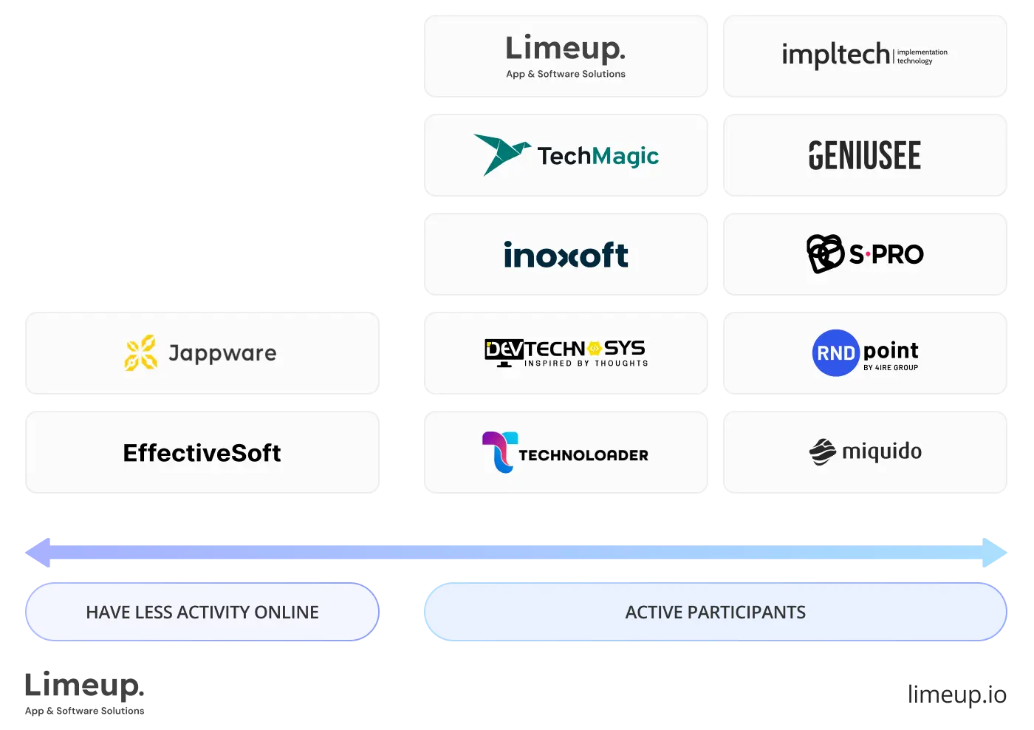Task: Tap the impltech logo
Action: pyautogui.click(x=864, y=55)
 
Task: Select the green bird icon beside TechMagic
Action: pyautogui.click(x=501, y=154)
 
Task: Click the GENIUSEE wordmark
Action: pyautogui.click(x=865, y=156)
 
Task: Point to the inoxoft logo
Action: pyautogui.click(x=566, y=255)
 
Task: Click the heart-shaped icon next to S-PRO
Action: pyautogui.click(x=825, y=253)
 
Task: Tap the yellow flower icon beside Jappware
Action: pyautogui.click(x=140, y=353)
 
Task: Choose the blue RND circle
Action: pyautogui.click(x=835, y=353)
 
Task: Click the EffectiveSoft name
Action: pyautogui.click(x=202, y=453)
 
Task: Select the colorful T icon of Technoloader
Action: pyautogui.click(x=499, y=452)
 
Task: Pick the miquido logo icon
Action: pyautogui.click(x=822, y=452)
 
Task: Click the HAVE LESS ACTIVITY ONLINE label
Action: pyautogui.click(x=202, y=613)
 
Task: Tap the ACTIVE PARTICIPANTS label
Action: pyautogui.click(x=715, y=613)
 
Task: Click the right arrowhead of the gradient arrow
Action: pyautogui.click(x=996, y=553)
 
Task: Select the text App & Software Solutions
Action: pyautogui.click(x=566, y=74)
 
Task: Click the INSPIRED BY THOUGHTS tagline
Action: pyautogui.click(x=586, y=364)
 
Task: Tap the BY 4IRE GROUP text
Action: pyautogui.click(x=891, y=368)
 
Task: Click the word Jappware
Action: pyautogui.click(x=222, y=353)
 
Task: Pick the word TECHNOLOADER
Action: pyautogui.click(x=583, y=455)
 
